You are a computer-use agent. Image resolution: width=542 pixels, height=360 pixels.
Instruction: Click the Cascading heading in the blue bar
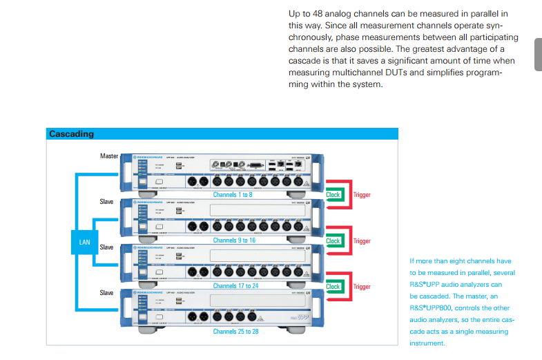pos(71,134)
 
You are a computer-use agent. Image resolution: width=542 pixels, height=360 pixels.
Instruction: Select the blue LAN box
pos(85,242)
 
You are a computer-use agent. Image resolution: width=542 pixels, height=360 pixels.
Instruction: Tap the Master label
pos(110,156)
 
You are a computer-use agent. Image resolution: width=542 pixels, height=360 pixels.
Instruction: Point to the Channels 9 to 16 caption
pos(234,240)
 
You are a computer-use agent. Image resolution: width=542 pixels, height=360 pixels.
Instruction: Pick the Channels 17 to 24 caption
pos(235,286)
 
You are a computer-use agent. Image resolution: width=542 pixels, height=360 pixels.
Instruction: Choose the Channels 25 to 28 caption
pos(235,332)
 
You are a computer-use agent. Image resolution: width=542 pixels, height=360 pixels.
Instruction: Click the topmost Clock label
pos(333,195)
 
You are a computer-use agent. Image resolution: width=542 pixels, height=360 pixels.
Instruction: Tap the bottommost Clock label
pos(333,286)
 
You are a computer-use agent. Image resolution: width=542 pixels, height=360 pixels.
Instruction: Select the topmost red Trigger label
pos(362,195)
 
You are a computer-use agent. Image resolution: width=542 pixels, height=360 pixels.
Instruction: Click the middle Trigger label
pos(362,241)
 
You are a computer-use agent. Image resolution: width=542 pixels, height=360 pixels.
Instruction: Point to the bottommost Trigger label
pos(362,287)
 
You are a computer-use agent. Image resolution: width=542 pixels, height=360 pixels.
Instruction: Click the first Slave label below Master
pos(106,202)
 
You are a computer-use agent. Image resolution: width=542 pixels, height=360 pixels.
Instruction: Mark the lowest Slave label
pos(106,293)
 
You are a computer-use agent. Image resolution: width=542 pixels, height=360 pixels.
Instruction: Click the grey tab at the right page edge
pos(538,55)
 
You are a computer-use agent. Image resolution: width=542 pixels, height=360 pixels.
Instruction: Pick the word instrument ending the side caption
pos(427,343)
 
